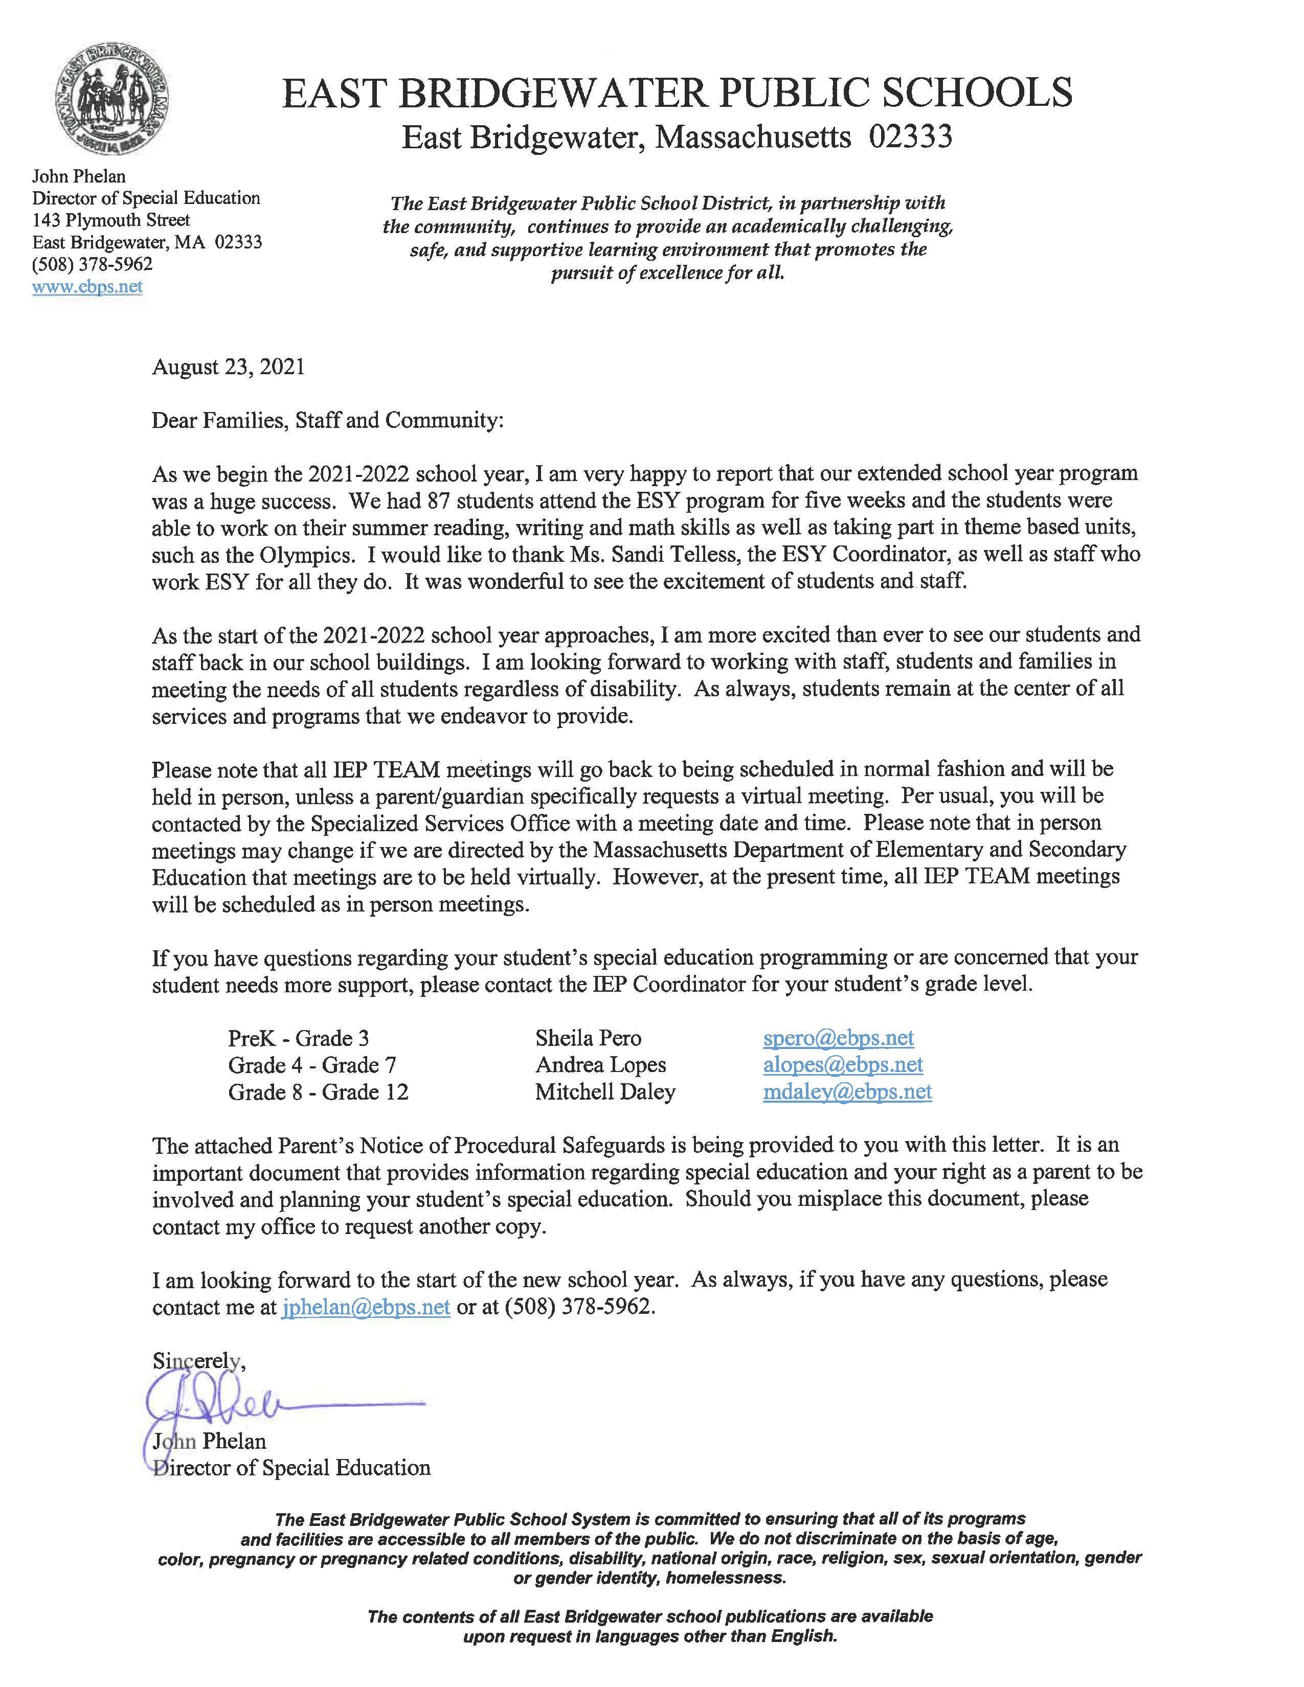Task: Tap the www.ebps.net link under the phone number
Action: [x=87, y=287]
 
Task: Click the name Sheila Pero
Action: [x=588, y=1038]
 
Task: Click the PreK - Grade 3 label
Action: [x=298, y=1038]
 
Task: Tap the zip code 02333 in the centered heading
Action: [x=910, y=138]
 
